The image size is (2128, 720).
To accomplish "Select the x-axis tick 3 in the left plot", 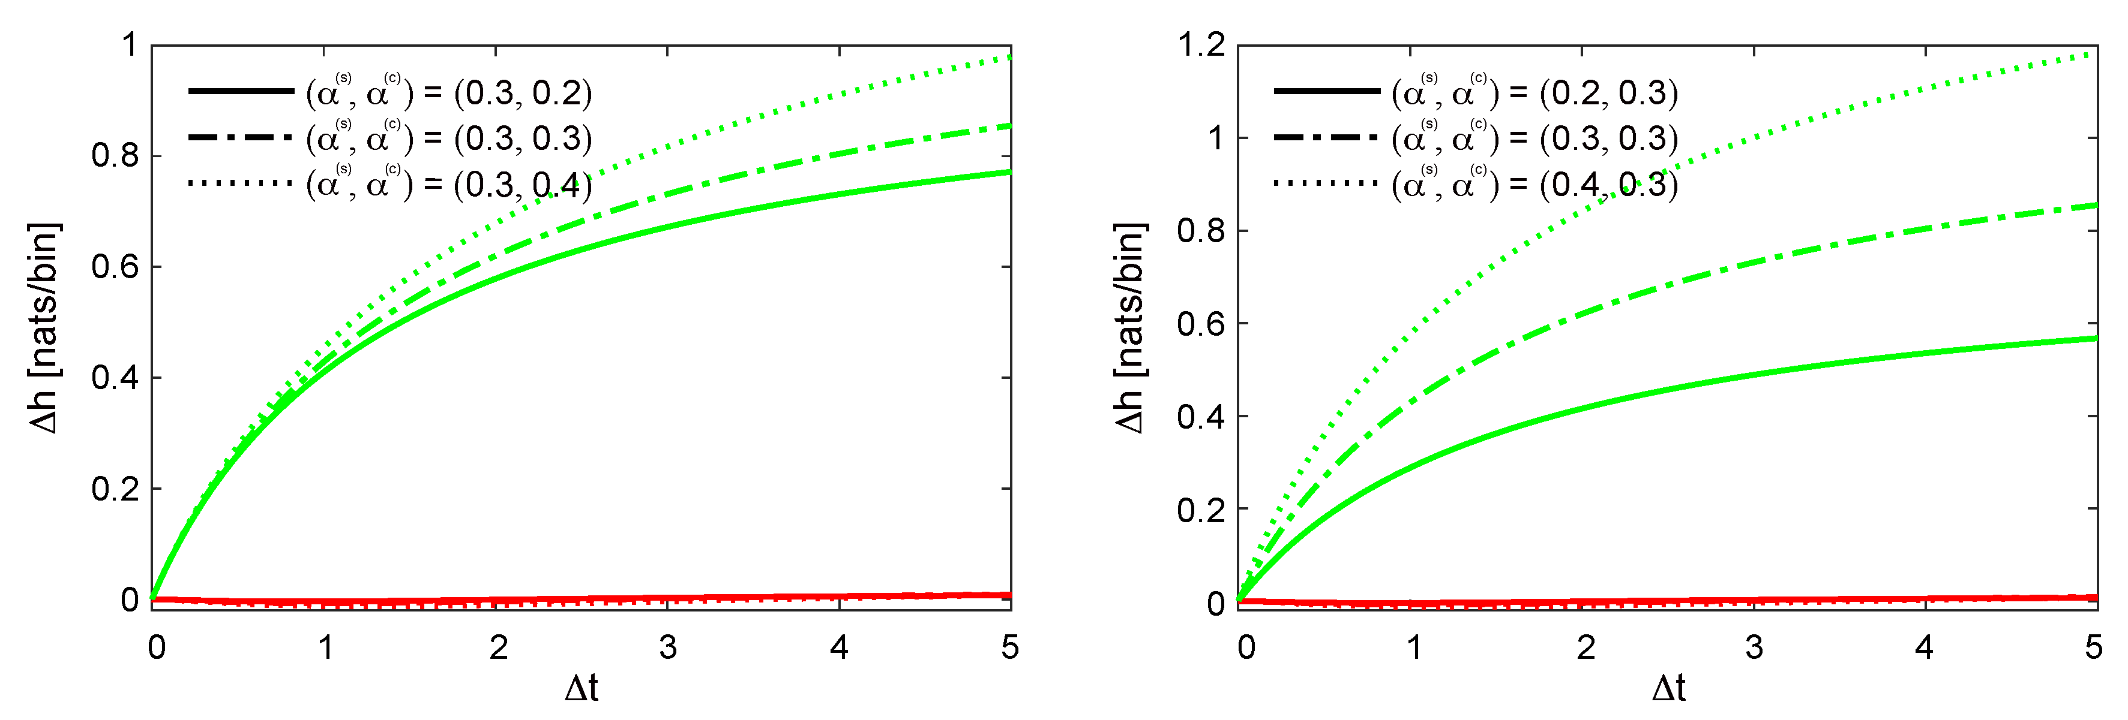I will (667, 647).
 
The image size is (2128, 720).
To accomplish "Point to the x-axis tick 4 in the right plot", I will (1924, 647).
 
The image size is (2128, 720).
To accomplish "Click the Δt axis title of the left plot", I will (582, 688).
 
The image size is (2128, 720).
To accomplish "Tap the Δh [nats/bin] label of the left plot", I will (46, 328).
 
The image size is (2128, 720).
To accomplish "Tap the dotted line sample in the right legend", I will (1326, 182).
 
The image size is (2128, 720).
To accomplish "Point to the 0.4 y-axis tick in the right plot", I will (1201, 416).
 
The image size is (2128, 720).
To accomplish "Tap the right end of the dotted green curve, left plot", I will (1009, 57).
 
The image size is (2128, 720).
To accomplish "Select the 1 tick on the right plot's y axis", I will (1215, 137).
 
